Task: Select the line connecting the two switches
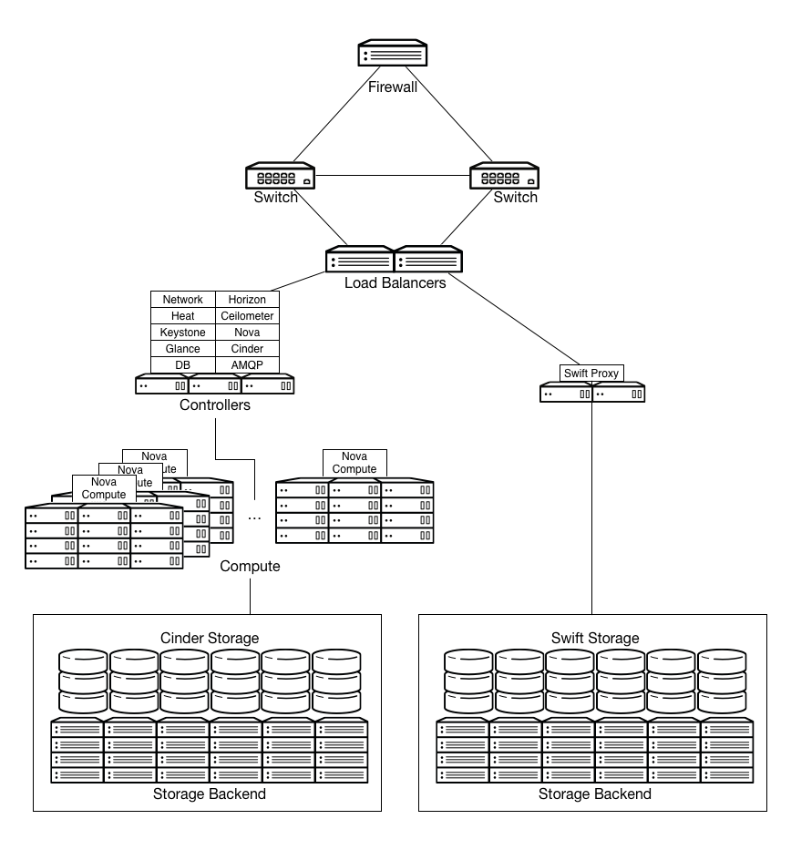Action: tap(393, 175)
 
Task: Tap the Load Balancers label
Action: tap(395, 283)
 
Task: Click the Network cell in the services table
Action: tap(182, 300)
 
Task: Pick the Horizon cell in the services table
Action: tap(247, 300)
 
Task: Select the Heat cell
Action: tap(182, 316)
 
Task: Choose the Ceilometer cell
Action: tap(247, 316)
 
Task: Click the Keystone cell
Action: tap(182, 333)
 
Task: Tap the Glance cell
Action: tap(182, 349)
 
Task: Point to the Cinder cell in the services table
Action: tap(247, 349)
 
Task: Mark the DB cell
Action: tap(182, 365)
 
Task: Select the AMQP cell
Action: tap(247, 365)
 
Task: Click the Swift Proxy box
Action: tap(592, 374)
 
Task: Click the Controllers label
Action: tap(215, 405)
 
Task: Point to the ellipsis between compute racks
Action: tap(254, 517)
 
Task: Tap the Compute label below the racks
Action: tap(250, 567)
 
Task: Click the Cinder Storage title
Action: tap(210, 638)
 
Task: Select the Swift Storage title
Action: tap(595, 638)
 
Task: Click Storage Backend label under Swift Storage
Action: tap(595, 794)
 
